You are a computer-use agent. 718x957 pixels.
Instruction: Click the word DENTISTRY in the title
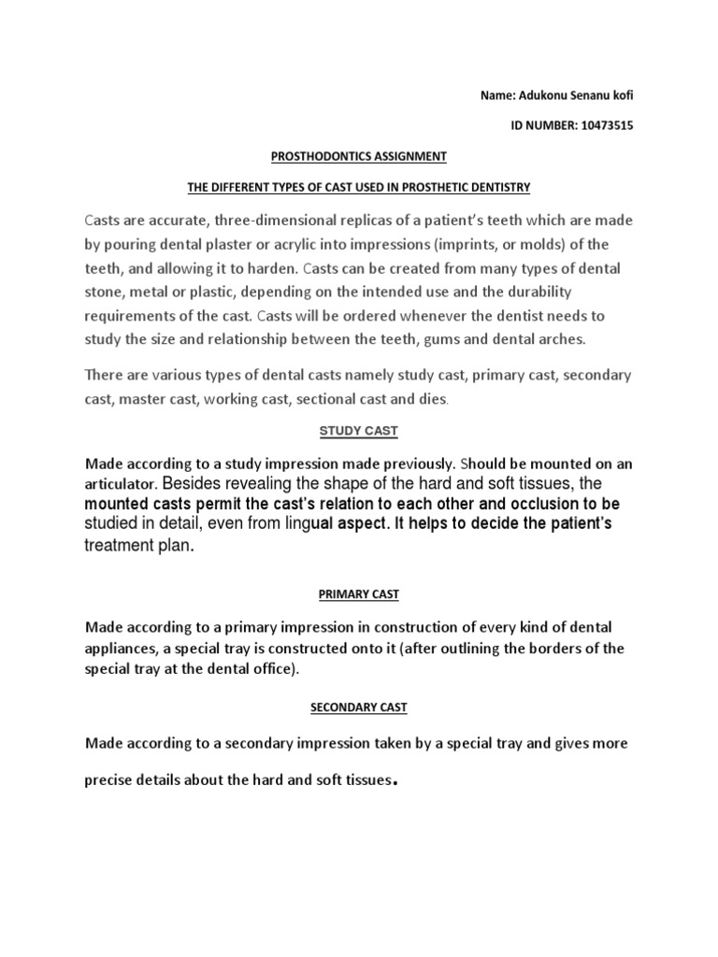click(498, 187)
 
